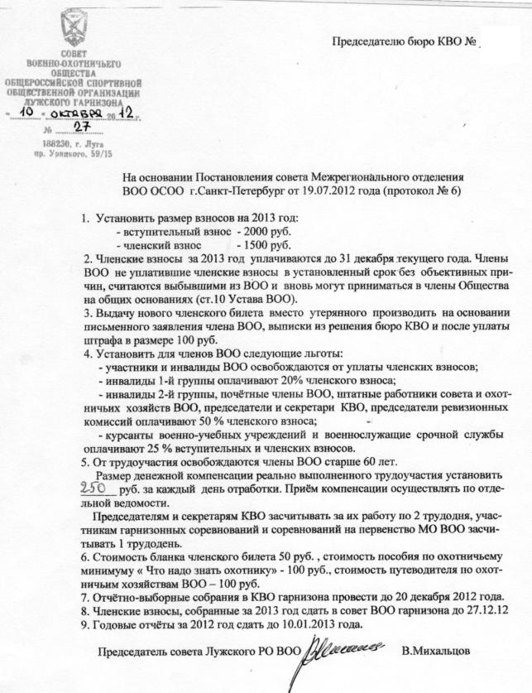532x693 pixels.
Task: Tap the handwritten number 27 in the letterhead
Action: click(x=82, y=126)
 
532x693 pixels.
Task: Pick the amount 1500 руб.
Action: click(x=263, y=245)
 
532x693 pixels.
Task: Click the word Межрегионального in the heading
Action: click(x=380, y=177)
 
